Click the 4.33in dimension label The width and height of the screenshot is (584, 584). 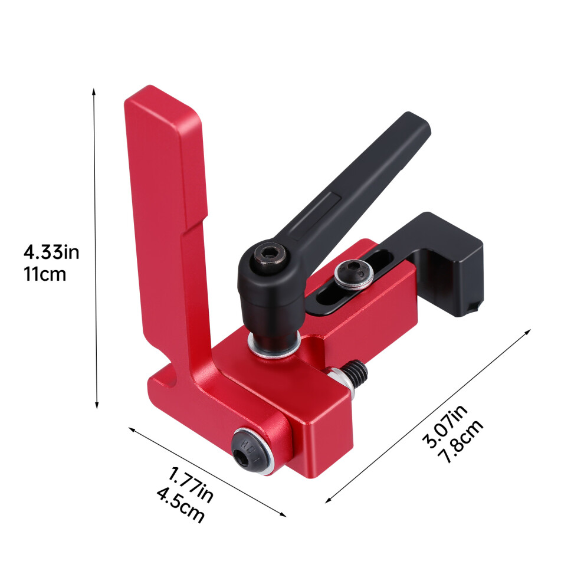(51, 252)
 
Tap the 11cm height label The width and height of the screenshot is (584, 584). (45, 274)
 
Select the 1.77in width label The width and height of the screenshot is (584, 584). (191, 485)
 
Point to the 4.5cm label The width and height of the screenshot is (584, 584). (181, 505)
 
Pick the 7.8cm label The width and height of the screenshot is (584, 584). (460, 441)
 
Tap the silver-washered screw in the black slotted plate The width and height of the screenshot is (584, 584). (353, 274)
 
